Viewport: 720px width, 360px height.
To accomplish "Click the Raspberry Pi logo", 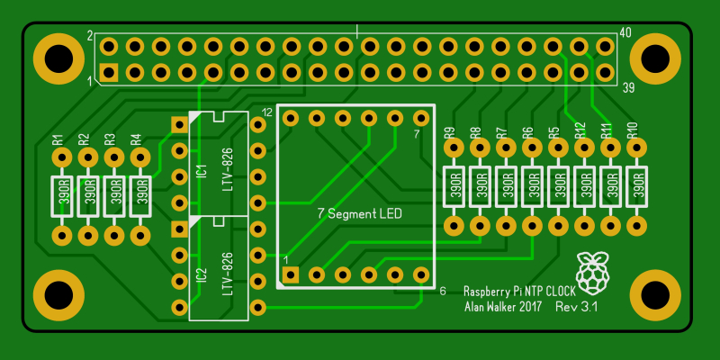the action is (x=593, y=273).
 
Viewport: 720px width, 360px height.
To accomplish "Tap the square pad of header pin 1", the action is (x=109, y=73).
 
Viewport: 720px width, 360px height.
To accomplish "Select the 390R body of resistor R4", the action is (x=140, y=196).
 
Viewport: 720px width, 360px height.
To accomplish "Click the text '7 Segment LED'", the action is (x=359, y=213).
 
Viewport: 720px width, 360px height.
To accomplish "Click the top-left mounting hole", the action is (x=58, y=58).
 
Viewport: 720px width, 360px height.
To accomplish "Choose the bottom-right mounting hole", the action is (x=655, y=295).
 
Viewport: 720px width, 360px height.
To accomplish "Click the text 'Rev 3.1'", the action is (x=576, y=307).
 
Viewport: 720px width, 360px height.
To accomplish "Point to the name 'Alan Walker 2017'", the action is (x=503, y=307).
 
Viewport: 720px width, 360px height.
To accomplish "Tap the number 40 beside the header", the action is (x=625, y=32).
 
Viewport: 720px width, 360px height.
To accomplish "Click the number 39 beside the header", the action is (x=628, y=88).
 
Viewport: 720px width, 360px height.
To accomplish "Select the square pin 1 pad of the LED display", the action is (x=290, y=275).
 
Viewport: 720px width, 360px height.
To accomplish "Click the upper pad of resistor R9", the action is (x=454, y=148).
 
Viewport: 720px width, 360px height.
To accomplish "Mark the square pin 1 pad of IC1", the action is (x=179, y=124).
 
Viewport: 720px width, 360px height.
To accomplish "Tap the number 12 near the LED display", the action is (x=266, y=112).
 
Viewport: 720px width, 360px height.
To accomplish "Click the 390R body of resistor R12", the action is (x=584, y=187).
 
